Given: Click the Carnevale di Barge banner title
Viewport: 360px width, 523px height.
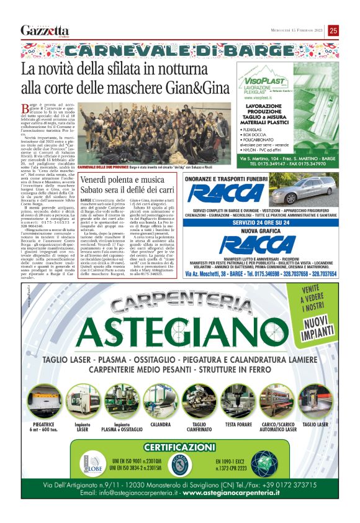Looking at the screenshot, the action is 179,50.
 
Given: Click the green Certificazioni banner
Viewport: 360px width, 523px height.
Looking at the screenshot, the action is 179,447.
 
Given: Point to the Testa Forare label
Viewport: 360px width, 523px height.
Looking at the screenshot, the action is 238,424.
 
